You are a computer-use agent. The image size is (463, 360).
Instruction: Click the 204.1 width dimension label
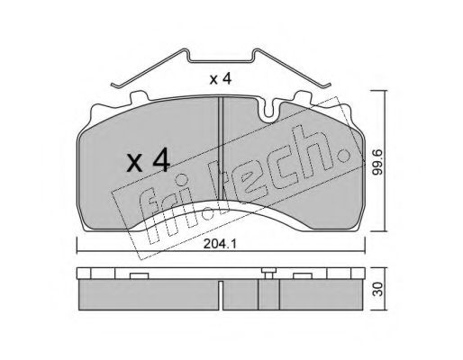click(x=220, y=244)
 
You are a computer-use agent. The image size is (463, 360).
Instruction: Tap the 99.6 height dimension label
click(x=377, y=162)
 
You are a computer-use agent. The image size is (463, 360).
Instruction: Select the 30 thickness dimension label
click(x=379, y=289)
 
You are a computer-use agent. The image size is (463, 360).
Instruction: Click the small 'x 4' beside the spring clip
click(x=221, y=79)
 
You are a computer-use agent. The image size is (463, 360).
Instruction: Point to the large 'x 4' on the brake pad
click(x=149, y=162)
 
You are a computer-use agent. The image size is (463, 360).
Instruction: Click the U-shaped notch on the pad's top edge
click(x=269, y=112)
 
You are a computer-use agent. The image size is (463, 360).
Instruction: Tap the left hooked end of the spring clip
click(x=115, y=85)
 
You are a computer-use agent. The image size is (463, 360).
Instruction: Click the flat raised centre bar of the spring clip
click(x=221, y=61)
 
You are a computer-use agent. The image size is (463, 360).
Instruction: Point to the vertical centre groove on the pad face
click(x=221, y=148)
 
